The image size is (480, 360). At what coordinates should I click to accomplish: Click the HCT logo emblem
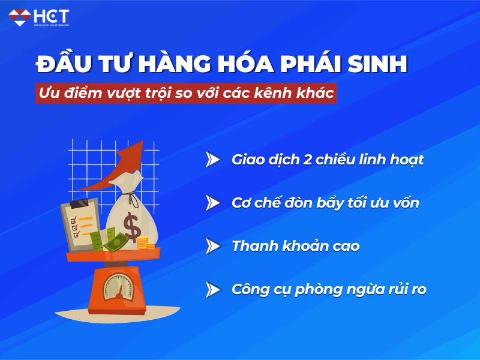[20, 16]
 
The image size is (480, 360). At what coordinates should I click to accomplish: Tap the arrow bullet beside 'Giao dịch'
[212, 160]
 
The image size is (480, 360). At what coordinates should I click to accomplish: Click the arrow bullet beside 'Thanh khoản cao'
[212, 246]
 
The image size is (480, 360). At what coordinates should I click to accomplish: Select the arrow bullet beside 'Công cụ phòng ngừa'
[212, 289]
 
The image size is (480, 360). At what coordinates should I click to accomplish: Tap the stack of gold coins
[143, 242]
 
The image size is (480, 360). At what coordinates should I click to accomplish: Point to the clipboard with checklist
[81, 222]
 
